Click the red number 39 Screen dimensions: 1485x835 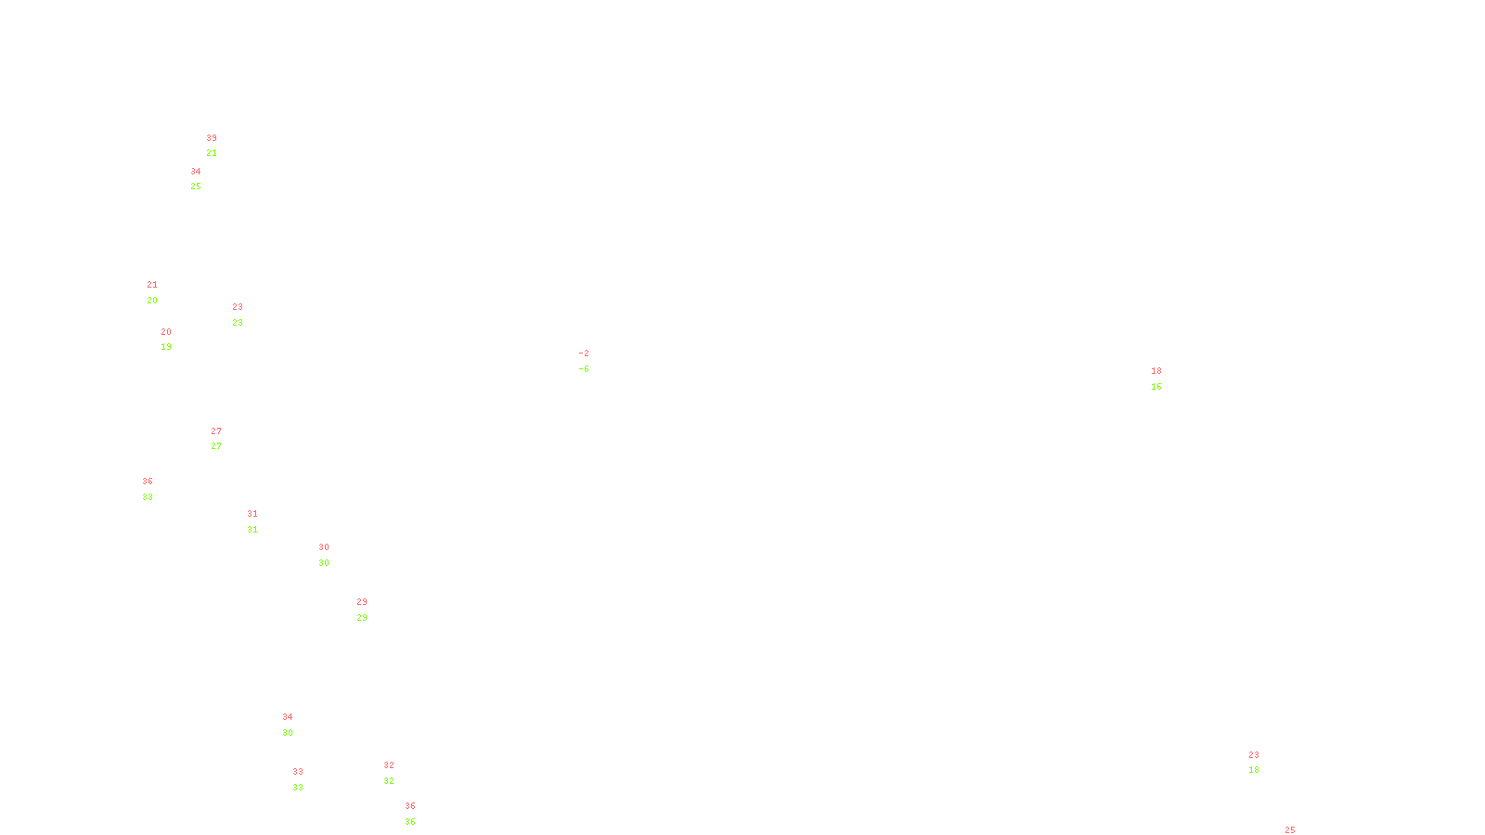(x=212, y=138)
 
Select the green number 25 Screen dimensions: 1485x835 (x=196, y=186)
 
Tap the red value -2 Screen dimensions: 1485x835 (x=584, y=353)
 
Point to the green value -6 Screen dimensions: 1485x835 (x=584, y=369)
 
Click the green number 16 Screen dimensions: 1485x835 (x=1156, y=387)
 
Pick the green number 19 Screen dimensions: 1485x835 (x=166, y=347)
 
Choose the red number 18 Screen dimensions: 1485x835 (x=1156, y=371)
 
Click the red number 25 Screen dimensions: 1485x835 (x=1290, y=829)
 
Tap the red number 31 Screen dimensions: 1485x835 (x=252, y=514)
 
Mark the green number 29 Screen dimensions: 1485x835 (x=362, y=618)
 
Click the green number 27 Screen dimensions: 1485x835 (x=216, y=446)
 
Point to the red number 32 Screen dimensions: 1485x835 (x=389, y=765)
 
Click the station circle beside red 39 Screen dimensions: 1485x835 (x=221, y=146)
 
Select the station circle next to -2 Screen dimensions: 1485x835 (x=592, y=361)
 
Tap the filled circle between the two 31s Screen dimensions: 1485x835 (x=261, y=521)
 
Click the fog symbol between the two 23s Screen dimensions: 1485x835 (x=239, y=315)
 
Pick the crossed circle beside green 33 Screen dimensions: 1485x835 (x=157, y=489)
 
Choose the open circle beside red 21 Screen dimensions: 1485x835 (x=161, y=292)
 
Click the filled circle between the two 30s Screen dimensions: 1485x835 (x=332, y=555)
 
